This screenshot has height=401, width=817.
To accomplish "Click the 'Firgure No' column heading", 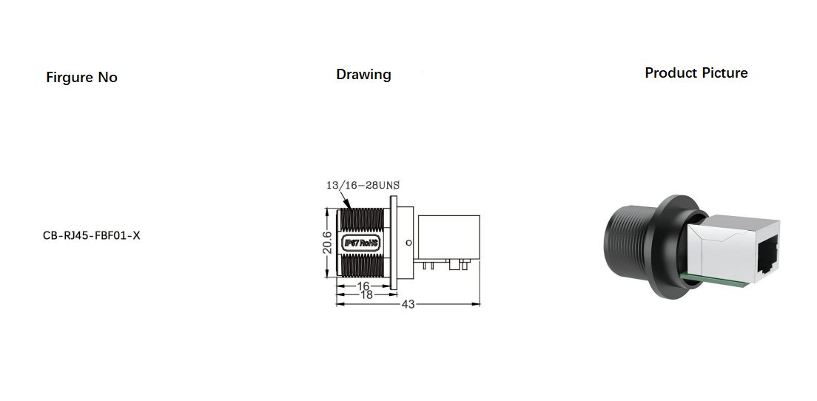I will tap(81, 78).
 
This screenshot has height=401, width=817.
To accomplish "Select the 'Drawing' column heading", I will tap(363, 75).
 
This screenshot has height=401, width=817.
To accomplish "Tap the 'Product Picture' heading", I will tap(696, 73).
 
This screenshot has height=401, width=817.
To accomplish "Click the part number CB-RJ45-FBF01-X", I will tap(92, 236).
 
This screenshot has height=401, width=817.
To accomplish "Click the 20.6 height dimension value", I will tap(327, 242).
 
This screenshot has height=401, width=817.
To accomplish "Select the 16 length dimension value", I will tap(363, 286).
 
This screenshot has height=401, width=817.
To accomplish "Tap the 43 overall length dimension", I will tap(408, 304).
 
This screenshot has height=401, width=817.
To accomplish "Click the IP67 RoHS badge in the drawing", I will tap(362, 242).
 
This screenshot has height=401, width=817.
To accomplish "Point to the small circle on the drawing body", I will tap(406, 243).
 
